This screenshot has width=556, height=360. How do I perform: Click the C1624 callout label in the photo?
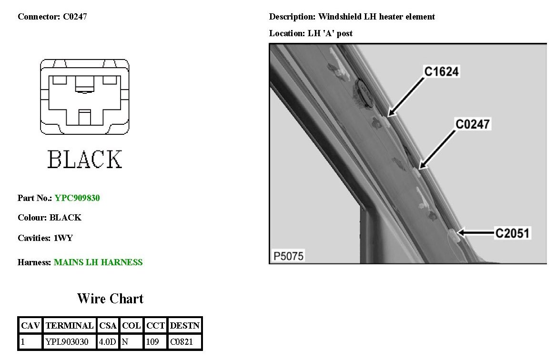[x=442, y=72]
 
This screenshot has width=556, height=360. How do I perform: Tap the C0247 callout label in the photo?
[x=473, y=124]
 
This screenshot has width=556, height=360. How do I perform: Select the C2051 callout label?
[x=512, y=233]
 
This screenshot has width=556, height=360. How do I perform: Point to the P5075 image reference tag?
[x=288, y=256]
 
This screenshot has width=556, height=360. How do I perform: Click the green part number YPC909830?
[x=77, y=198]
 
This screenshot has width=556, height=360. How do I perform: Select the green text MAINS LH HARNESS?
[x=98, y=262]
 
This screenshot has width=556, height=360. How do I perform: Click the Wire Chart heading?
[x=110, y=299]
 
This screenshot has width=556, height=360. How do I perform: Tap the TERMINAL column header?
[x=69, y=326]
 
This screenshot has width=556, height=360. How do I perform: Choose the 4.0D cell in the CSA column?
[x=107, y=341]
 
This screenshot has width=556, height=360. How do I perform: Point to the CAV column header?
[x=30, y=326]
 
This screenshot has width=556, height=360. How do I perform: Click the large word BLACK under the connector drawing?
[x=85, y=159]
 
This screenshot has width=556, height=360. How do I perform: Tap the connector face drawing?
[x=85, y=96]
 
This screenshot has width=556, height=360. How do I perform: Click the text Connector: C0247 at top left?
[x=52, y=17]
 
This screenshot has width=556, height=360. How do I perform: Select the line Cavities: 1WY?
[x=45, y=238]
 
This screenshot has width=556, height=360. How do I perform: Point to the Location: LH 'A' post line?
[x=311, y=33]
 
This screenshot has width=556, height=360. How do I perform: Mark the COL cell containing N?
[x=131, y=341]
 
